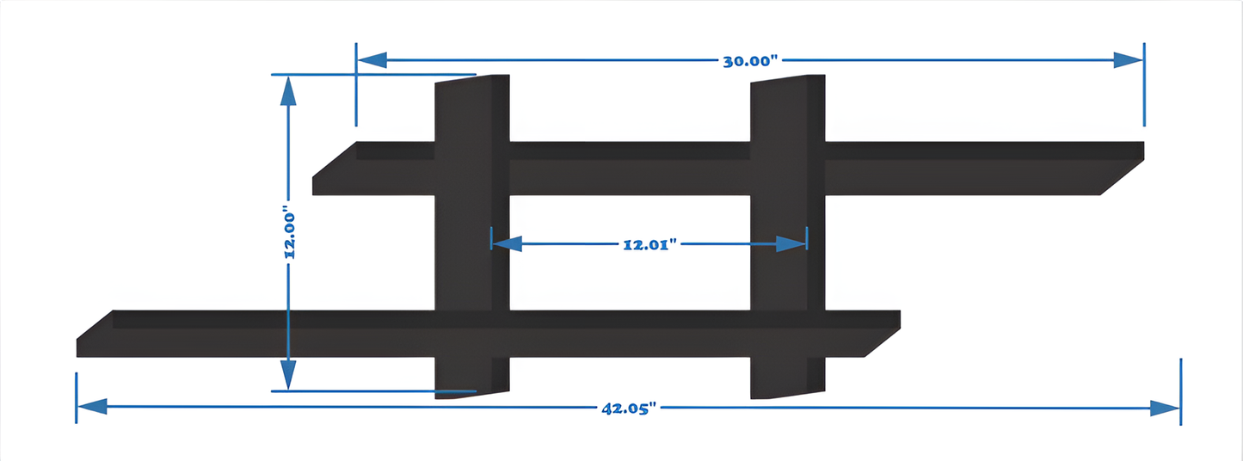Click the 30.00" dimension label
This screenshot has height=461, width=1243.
pyautogui.click(x=748, y=61)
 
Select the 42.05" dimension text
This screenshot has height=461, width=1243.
pyautogui.click(x=629, y=409)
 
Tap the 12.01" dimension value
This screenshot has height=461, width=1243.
pyautogui.click(x=650, y=244)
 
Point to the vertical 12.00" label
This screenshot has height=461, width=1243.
pyautogui.click(x=289, y=234)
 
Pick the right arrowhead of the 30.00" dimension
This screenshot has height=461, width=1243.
pyautogui.click(x=1128, y=60)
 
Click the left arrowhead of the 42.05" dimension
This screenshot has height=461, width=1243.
pyautogui.click(x=92, y=407)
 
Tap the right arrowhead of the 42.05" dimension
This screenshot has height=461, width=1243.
pyautogui.click(x=1165, y=408)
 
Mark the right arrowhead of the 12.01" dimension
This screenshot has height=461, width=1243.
pyautogui.click(x=791, y=244)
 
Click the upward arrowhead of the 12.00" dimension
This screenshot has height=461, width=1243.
pyautogui.click(x=288, y=90)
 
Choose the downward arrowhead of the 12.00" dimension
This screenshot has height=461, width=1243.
pyautogui.click(x=288, y=375)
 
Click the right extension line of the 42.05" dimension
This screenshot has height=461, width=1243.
pyautogui.click(x=1181, y=391)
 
